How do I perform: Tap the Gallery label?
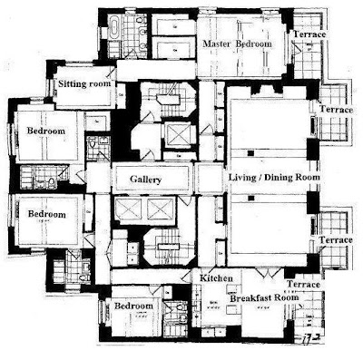146,180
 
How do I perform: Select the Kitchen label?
217,277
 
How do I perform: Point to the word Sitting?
71,83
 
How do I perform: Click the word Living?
242,177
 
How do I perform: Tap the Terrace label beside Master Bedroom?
309,34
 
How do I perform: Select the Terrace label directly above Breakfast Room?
303,284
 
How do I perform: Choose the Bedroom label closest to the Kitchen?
133,306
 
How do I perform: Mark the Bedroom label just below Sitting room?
46,131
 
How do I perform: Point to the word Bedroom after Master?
254,44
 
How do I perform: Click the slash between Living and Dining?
260,177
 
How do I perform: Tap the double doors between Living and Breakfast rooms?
268,273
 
